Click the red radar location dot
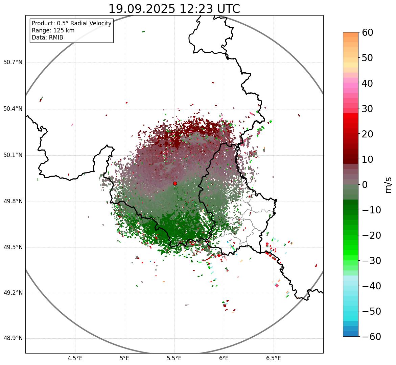[175, 183]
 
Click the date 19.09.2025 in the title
[141, 9]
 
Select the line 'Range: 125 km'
[53, 30]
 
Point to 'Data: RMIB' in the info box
[47, 37]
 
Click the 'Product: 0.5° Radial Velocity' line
[71, 23]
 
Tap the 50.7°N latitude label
[13, 62]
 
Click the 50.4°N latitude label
[13, 109]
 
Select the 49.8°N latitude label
[13, 202]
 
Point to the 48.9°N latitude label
[13, 338]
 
